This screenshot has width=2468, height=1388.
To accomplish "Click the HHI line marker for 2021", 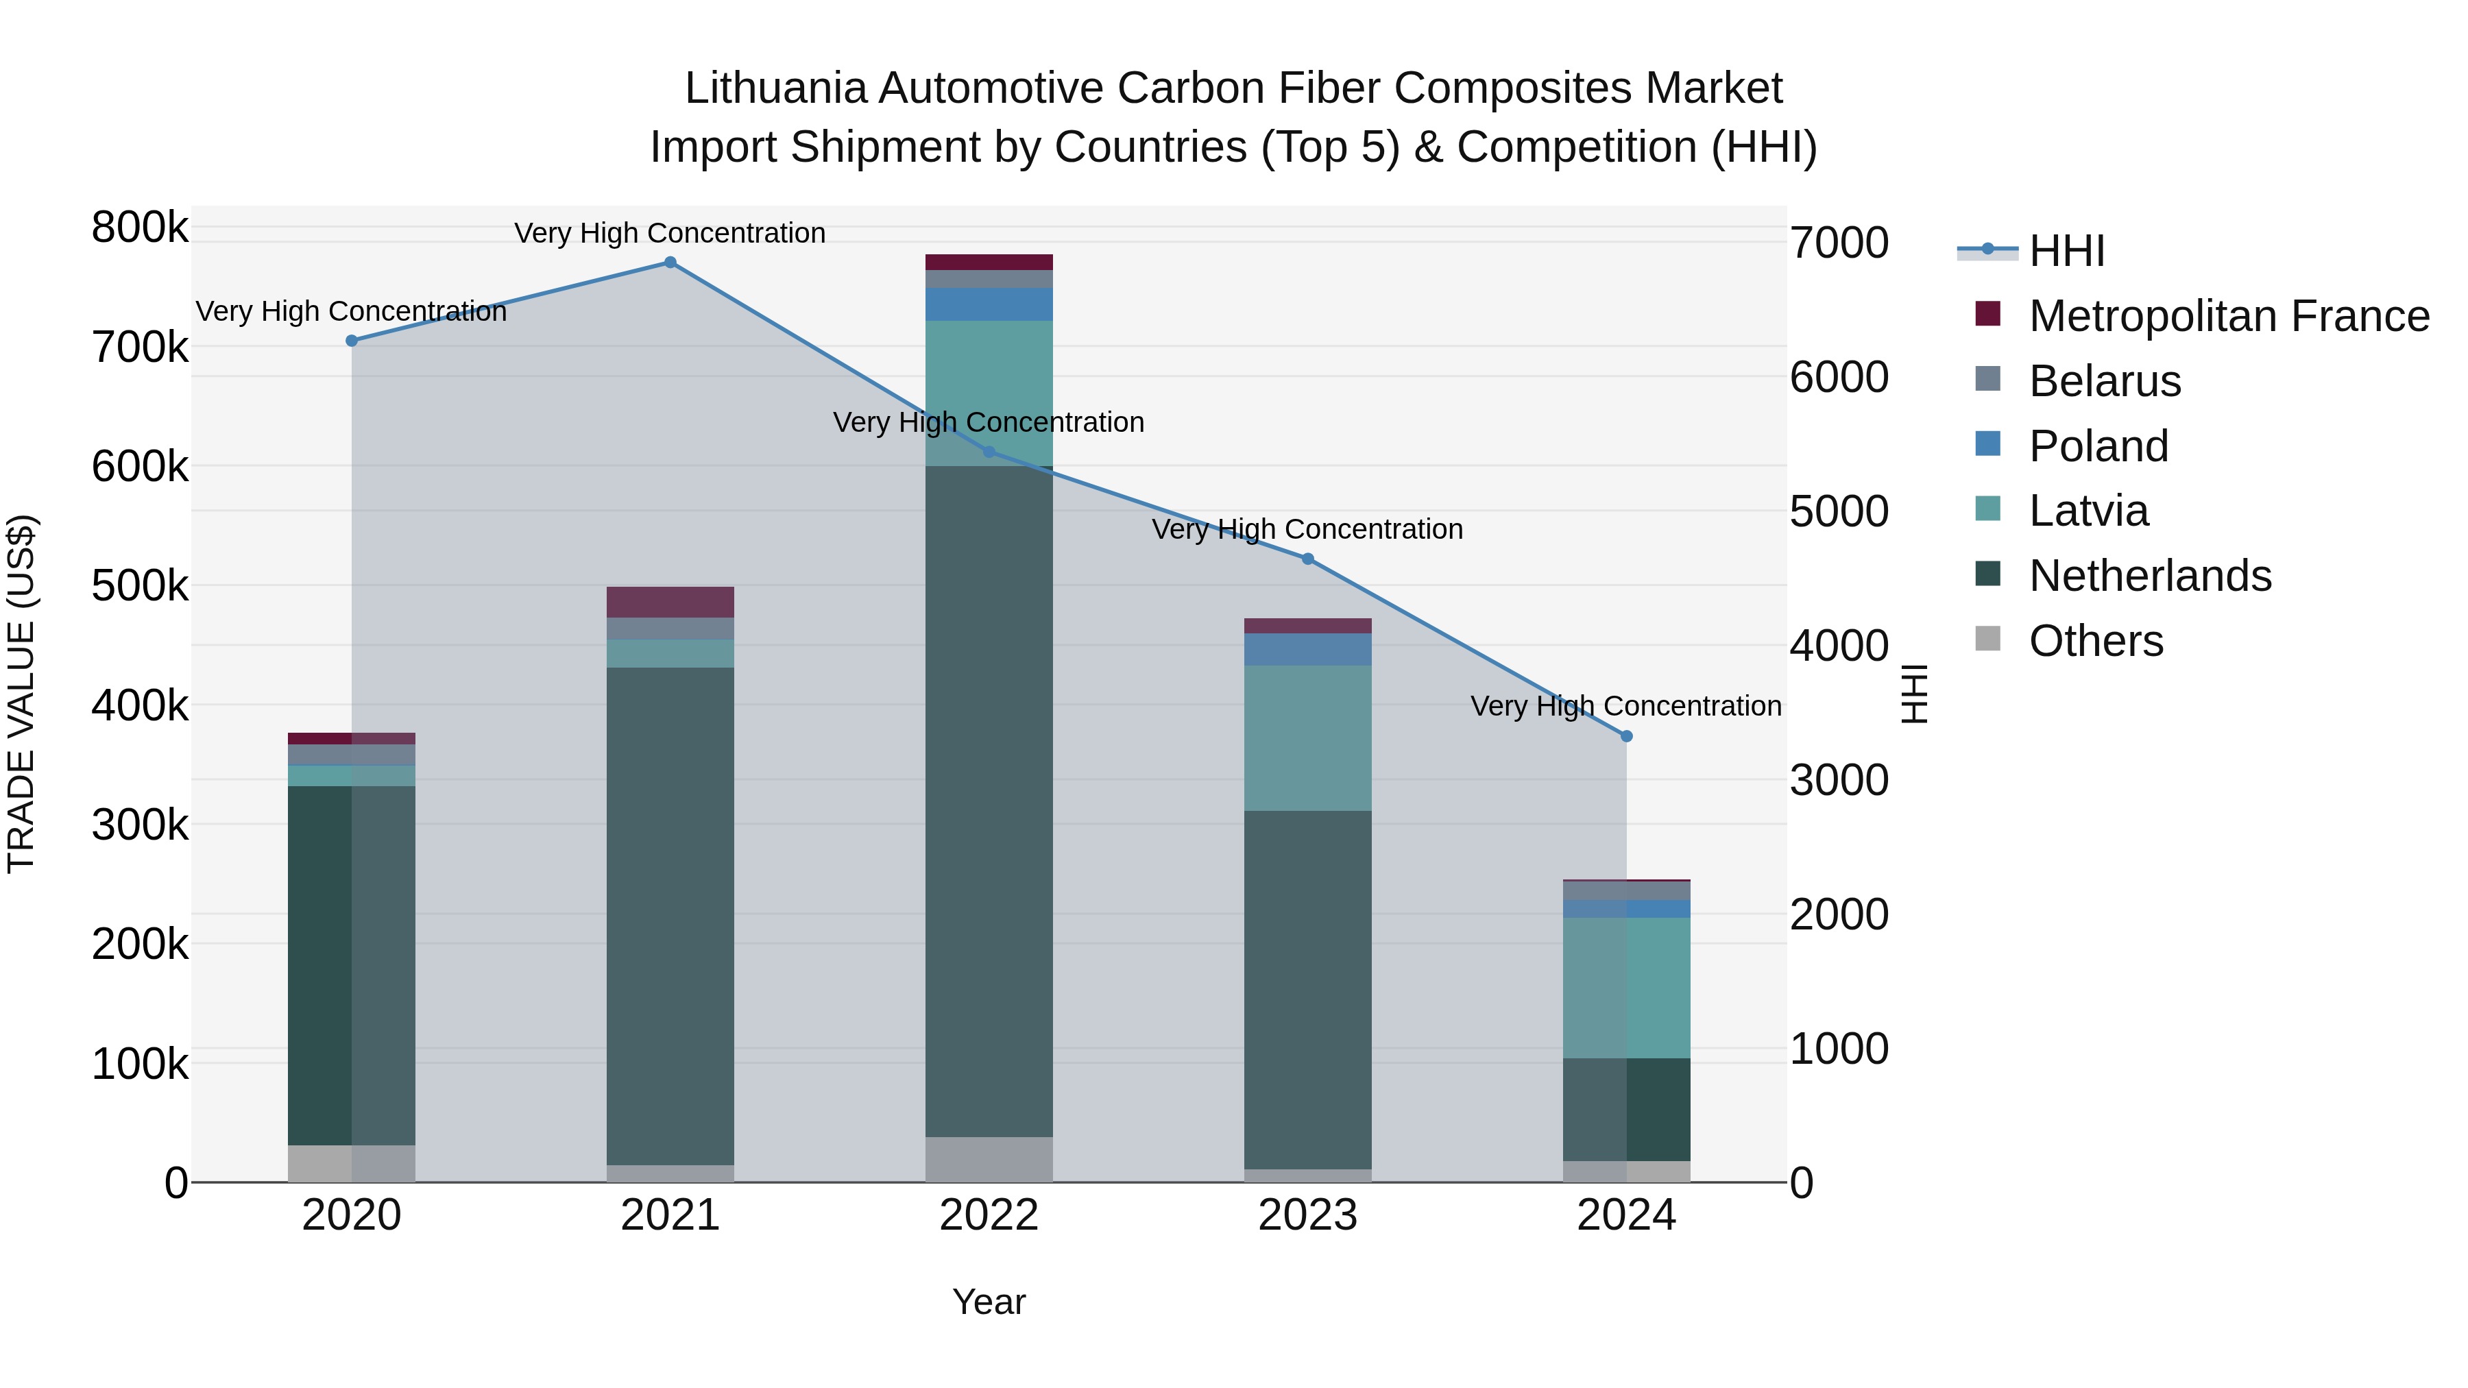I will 670,263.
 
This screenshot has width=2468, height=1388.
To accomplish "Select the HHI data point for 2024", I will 1626,735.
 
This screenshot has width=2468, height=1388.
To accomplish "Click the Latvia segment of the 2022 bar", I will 989,393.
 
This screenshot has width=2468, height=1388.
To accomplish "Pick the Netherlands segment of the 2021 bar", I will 670,915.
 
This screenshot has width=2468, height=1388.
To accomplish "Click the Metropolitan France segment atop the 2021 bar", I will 670,602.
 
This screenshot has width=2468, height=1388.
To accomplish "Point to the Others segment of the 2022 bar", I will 989,1159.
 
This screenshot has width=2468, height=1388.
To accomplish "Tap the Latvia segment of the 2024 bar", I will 1626,986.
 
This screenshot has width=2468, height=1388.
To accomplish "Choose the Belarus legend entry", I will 2104,381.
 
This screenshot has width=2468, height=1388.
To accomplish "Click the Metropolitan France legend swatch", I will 1988,314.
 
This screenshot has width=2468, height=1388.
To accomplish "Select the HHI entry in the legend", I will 2066,251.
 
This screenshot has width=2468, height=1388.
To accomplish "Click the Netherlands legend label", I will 2150,576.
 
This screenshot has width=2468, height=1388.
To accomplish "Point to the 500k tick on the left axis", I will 140,586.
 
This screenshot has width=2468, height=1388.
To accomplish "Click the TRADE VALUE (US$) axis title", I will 21,694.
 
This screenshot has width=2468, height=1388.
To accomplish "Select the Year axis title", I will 989,1302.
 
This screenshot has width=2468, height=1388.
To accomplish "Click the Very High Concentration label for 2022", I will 989,422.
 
